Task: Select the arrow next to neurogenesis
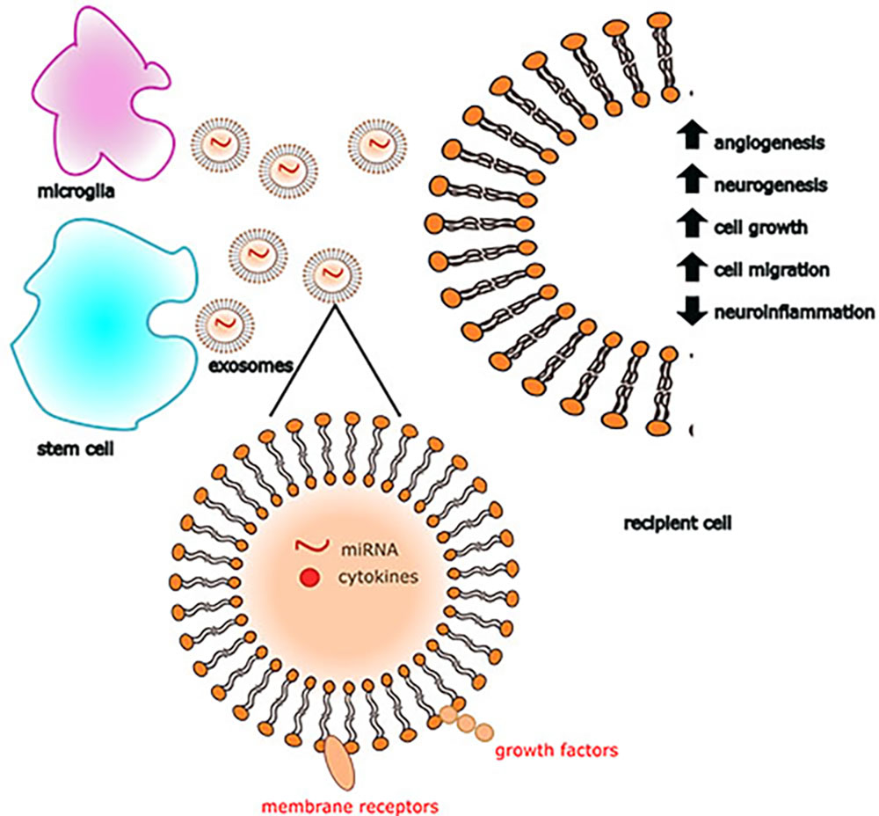[x=694, y=183]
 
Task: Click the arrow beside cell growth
[x=694, y=225]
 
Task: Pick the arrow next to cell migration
[x=694, y=267]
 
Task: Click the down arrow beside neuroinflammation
[x=694, y=310]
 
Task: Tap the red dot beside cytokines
[x=309, y=578]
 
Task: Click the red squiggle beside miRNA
[x=309, y=549]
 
